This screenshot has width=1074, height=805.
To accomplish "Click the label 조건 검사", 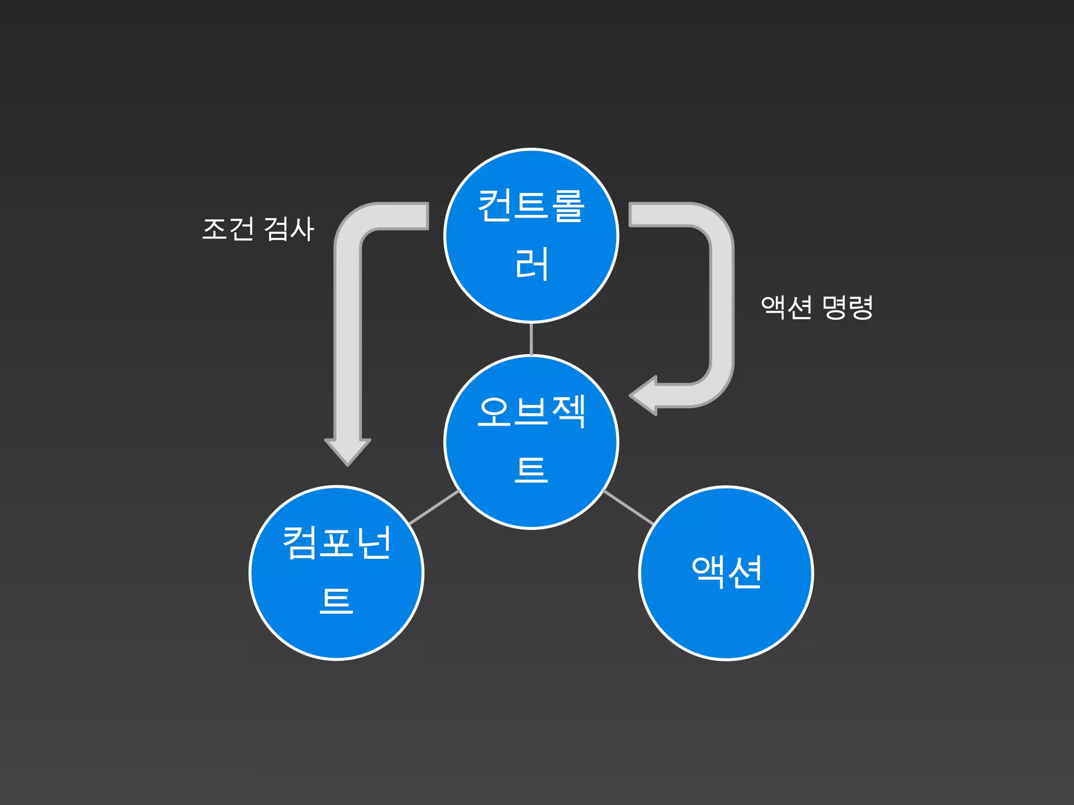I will (x=258, y=229).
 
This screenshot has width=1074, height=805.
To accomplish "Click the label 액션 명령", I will (x=817, y=307).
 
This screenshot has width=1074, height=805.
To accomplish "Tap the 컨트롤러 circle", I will (x=531, y=236).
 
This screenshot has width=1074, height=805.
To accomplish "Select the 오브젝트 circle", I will (x=531, y=442).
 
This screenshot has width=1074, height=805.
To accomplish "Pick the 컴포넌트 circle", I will (x=336, y=573).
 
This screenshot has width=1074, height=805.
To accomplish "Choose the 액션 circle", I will (x=726, y=573).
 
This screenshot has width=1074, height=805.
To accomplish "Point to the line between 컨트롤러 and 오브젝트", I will (x=531, y=339).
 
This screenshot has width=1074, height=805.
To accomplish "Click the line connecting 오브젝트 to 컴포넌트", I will (x=434, y=507).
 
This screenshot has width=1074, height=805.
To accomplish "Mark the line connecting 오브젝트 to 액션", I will (x=629, y=507).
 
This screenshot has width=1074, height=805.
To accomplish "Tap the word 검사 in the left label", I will (x=288, y=229).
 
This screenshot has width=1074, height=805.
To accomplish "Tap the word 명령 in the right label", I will (x=847, y=307).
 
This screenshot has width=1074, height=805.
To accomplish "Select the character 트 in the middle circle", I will (x=531, y=470).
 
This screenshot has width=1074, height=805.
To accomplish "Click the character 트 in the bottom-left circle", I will (x=336, y=601).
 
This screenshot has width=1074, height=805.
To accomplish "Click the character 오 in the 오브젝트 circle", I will (x=494, y=411).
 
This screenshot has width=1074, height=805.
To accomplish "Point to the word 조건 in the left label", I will (x=228, y=229).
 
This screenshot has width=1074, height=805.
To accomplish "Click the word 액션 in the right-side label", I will (x=786, y=307).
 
